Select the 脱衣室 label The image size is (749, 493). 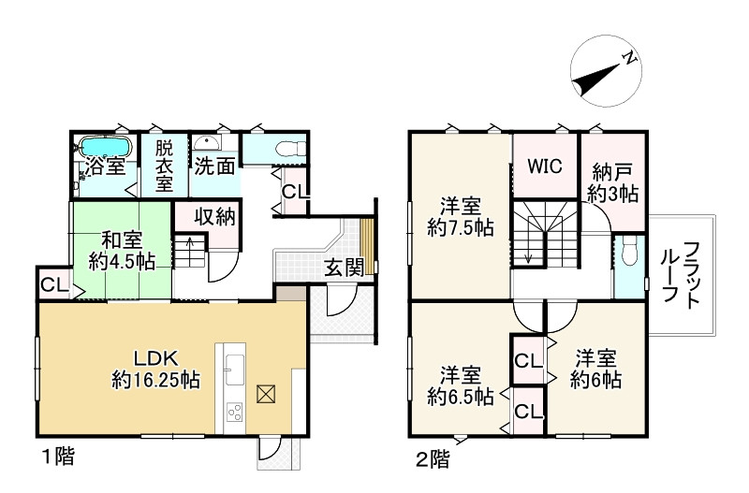165,167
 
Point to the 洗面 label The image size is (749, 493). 213,167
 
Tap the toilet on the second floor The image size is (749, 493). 627,251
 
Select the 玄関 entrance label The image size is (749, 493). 344,268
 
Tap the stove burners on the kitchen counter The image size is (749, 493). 233,412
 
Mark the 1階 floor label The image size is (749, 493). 58,458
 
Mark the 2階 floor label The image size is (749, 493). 432,458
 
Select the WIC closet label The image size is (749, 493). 544,167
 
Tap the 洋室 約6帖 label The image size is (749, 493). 596,368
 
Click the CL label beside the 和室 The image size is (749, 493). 52,285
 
